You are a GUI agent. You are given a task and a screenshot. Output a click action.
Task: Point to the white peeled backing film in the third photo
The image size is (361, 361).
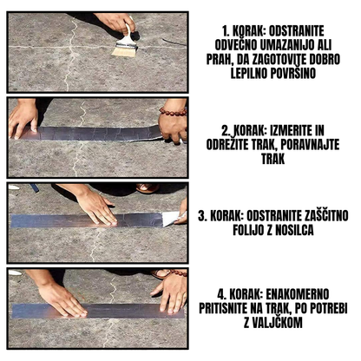point(171,218)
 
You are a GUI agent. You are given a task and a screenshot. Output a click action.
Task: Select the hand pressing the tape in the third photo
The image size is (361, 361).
point(95,207)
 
